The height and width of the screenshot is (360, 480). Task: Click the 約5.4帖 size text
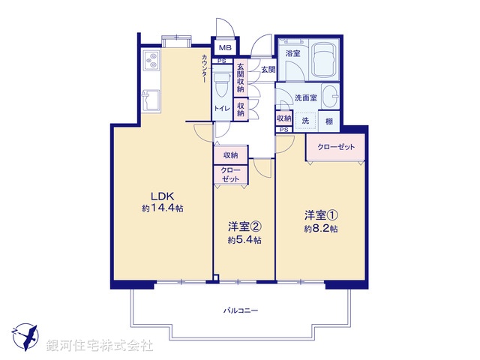(x=245, y=240)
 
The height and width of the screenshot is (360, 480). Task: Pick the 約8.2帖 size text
(x=321, y=228)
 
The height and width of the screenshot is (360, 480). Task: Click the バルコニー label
(x=240, y=310)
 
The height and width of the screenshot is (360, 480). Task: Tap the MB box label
(x=224, y=48)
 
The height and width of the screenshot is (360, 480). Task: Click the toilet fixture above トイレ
(x=222, y=82)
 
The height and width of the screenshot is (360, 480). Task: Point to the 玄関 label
(x=268, y=69)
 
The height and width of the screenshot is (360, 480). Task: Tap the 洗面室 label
(x=305, y=97)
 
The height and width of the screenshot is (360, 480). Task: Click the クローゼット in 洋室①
(x=335, y=147)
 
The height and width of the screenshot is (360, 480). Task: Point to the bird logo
(x=27, y=334)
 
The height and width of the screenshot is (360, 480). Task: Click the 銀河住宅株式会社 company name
(x=100, y=346)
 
